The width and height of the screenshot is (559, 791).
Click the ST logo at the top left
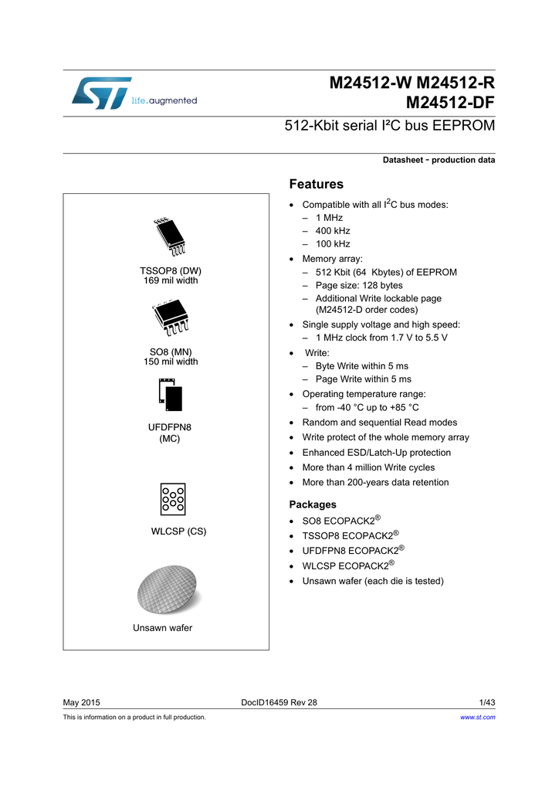(102, 93)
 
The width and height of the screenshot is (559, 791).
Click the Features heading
(316, 184)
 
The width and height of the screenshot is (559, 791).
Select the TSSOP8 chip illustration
(170, 237)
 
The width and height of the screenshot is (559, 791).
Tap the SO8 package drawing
(171, 319)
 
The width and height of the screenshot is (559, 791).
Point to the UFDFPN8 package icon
(170, 395)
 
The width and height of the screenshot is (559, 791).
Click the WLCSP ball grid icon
(172, 499)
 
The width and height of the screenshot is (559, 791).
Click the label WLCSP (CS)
(178, 531)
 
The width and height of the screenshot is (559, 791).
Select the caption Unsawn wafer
(162, 628)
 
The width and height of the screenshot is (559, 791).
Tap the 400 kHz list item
(333, 231)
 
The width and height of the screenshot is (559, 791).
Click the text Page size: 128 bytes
(359, 285)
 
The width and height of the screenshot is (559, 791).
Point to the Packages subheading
(313, 504)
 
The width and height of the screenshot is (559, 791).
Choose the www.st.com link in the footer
(477, 717)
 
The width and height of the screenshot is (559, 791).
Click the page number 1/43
(486, 702)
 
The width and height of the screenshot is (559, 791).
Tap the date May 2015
(81, 702)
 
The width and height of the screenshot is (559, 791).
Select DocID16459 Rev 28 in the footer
(279, 702)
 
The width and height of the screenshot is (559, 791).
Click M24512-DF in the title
(450, 102)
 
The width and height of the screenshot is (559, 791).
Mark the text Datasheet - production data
(439, 160)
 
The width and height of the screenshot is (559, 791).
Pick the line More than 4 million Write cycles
(368, 467)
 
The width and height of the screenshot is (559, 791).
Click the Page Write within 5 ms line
(364, 379)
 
